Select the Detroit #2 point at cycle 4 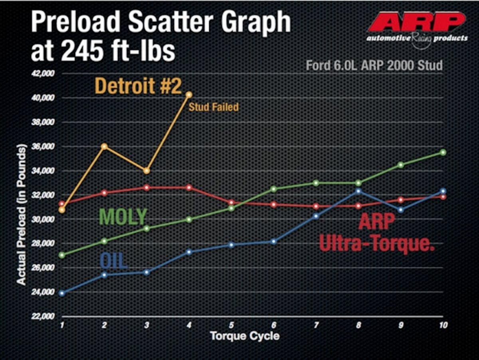coord(189,95)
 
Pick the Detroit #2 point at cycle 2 coord(105,146)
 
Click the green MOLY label coord(123,216)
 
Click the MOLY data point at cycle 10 coord(443,152)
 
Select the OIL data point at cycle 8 coord(358,191)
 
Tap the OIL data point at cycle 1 coord(61,293)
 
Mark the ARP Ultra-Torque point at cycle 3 coord(146,187)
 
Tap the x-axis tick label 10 coord(442,325)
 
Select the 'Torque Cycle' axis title coord(245,336)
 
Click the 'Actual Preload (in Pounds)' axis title coord(22,215)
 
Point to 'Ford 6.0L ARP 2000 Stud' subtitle coord(374,65)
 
